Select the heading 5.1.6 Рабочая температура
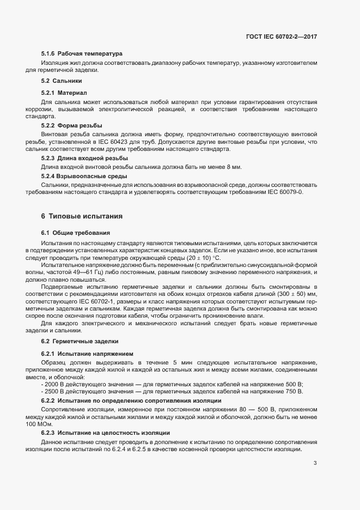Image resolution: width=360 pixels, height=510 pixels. (82, 53)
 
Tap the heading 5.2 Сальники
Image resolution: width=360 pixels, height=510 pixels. (62, 81)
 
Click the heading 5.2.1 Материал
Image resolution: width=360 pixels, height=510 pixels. (64, 92)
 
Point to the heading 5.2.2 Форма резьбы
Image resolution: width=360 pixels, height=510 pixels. (71, 125)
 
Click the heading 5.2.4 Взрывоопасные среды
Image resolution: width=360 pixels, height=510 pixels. (80, 176)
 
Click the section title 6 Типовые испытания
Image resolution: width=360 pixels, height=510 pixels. (82, 216)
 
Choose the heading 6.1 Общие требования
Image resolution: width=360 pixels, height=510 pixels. (76, 233)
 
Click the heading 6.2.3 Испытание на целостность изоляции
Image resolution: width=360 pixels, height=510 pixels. (105, 432)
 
